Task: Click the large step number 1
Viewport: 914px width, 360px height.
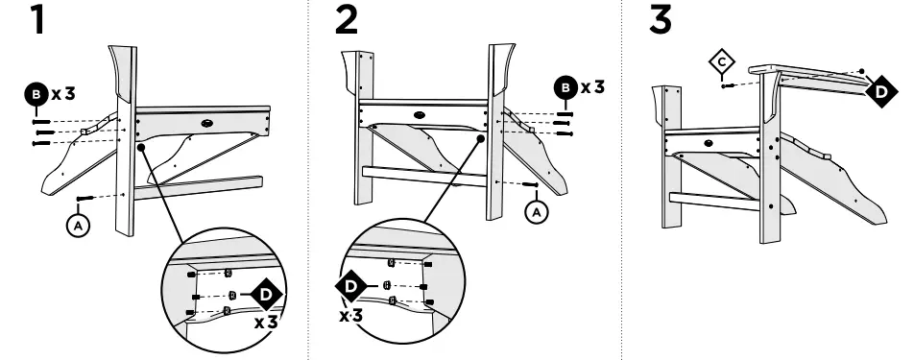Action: tap(37, 19)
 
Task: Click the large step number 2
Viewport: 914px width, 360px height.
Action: tap(347, 19)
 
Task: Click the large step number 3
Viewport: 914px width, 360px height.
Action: tap(660, 19)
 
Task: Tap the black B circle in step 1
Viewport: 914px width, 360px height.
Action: tap(36, 94)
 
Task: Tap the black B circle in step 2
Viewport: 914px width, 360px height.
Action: tap(565, 88)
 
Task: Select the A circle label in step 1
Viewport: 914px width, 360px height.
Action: tap(78, 226)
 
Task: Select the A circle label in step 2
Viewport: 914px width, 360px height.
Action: tap(537, 212)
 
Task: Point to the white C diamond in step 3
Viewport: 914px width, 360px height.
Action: tap(722, 61)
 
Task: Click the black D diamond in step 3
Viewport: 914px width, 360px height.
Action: tap(881, 91)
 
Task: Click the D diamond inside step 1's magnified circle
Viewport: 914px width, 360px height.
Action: tap(266, 294)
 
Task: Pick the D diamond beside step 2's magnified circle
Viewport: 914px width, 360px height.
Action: tap(351, 286)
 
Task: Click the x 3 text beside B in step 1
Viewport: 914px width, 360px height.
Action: tap(63, 94)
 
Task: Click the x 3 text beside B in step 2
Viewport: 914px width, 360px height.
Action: tap(592, 88)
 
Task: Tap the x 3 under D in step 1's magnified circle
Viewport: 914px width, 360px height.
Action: tap(266, 322)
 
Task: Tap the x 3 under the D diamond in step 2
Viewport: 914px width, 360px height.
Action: tap(351, 316)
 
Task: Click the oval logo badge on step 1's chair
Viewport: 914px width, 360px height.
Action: tap(208, 124)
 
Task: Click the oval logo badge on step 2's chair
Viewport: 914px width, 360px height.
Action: tap(419, 115)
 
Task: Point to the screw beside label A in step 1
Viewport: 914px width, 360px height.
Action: tap(85, 200)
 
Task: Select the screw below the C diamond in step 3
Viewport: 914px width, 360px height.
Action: tap(728, 85)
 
